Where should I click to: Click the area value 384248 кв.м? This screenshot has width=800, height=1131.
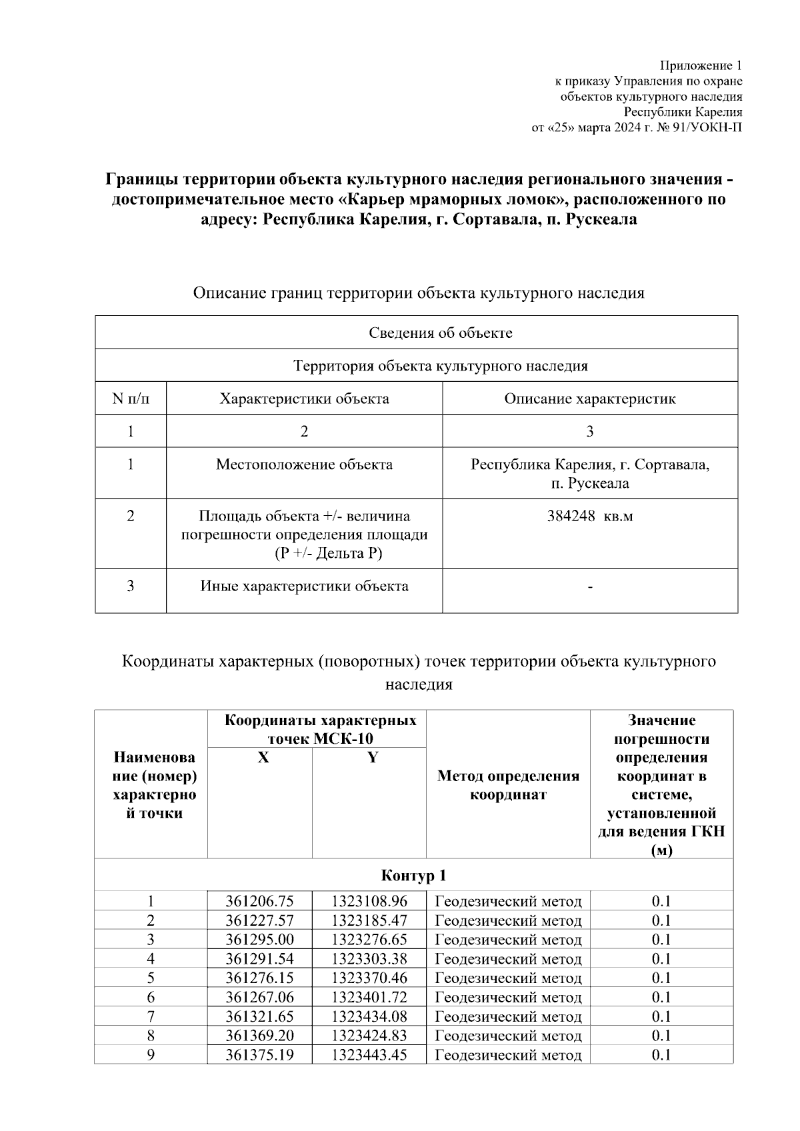(589, 516)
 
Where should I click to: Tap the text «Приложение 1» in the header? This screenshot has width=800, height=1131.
(701, 65)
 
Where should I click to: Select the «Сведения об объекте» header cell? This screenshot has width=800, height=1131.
(441, 333)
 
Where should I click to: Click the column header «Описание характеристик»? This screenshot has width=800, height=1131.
(589, 399)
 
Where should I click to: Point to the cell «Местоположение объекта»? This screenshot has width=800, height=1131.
(304, 464)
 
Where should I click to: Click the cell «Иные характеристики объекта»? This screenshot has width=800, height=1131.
(304, 586)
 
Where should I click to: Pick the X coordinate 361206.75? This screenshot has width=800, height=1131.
(259, 901)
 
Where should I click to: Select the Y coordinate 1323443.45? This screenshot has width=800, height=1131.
(369, 1055)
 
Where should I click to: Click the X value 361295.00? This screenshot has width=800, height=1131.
(259, 940)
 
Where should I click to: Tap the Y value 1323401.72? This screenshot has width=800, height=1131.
(369, 997)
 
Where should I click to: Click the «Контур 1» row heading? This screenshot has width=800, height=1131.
(413, 875)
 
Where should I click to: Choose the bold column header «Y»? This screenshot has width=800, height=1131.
(373, 758)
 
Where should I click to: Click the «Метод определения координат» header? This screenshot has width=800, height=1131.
(508, 785)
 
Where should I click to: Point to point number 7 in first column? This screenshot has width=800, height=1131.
(151, 1016)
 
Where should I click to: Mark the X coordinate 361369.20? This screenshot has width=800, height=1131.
(259, 1036)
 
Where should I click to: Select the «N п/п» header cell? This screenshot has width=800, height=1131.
(130, 399)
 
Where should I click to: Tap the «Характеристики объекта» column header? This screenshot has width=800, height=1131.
(304, 399)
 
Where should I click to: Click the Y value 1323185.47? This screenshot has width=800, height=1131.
(369, 920)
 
